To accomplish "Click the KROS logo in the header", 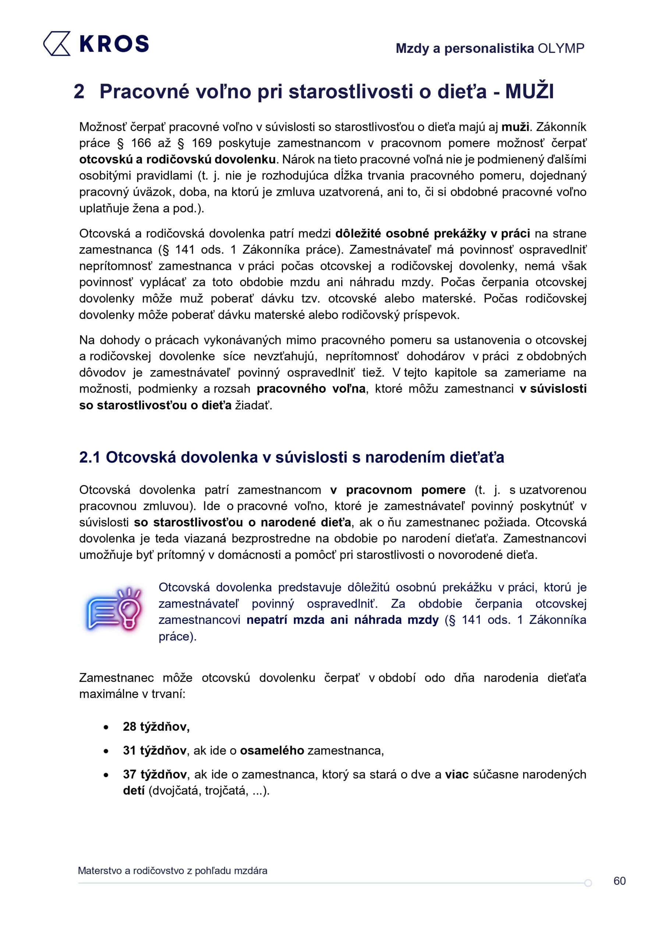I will (96, 43).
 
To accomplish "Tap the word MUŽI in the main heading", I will (529, 91).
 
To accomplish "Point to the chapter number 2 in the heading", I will (79, 91).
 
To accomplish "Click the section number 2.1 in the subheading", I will (89, 457).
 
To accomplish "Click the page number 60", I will (619, 881).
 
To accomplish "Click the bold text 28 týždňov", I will (156, 727).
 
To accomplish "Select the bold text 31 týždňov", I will (155, 750).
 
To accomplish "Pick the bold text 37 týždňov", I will (155, 774).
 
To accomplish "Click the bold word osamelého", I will (272, 750).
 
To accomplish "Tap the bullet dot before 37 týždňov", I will (106, 775).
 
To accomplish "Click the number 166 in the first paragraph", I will (141, 143).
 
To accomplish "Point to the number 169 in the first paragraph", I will (202, 143).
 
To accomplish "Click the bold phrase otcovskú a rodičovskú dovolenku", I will (177, 159).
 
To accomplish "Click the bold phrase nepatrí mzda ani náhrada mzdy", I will (342, 620).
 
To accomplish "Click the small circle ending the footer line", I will (588, 883).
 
